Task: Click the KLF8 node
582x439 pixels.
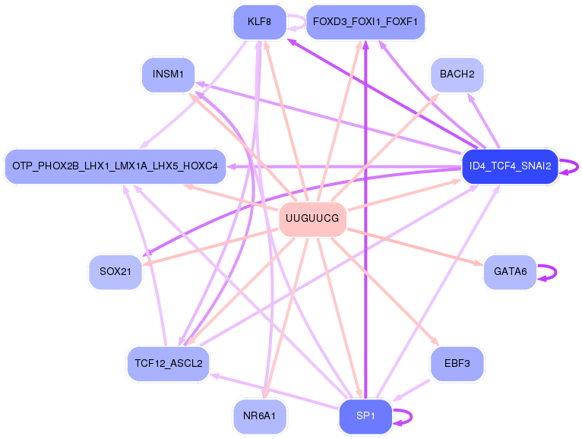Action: point(259,21)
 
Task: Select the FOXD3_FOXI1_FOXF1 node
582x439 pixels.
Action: point(365,21)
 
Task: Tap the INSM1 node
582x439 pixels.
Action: point(168,74)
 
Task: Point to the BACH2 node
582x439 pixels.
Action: point(457,74)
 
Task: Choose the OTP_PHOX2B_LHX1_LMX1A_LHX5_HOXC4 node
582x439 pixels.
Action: point(115,166)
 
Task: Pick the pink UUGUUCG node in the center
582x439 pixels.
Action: point(312,219)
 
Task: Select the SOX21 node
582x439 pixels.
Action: point(115,272)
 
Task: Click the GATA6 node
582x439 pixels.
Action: point(510,272)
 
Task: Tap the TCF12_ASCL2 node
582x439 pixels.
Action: point(168,363)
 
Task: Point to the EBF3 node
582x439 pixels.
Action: point(457,363)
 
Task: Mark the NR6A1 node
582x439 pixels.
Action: point(259,416)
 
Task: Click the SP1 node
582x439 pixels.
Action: point(365,416)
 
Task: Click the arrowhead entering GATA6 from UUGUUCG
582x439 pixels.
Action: point(479,264)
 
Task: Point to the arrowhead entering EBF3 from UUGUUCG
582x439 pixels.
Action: point(435,344)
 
